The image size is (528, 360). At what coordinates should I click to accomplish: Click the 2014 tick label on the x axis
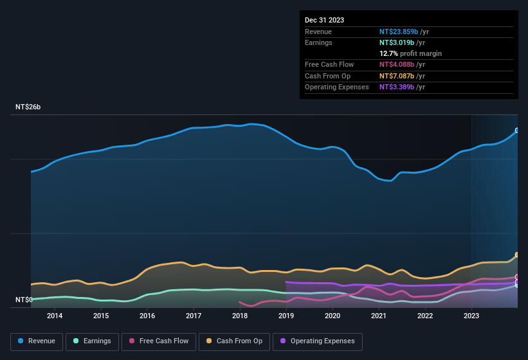(x=55, y=316)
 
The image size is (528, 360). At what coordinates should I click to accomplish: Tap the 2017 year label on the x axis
(x=194, y=316)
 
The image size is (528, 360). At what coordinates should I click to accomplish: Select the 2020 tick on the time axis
(x=332, y=316)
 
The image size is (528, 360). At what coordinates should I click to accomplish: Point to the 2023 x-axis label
(x=471, y=316)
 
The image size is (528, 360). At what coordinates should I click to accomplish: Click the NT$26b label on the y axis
(x=28, y=107)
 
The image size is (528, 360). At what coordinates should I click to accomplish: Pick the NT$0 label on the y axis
(x=24, y=300)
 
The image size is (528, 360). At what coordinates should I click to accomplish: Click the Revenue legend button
(x=37, y=341)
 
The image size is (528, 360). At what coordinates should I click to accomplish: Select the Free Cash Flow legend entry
(x=159, y=341)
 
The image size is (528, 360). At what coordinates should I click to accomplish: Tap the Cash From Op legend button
(x=234, y=341)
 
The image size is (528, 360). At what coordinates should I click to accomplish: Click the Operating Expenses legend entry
(x=317, y=341)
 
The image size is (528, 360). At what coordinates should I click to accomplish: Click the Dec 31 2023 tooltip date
(x=324, y=20)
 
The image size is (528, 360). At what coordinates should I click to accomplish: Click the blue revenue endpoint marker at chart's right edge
(x=517, y=130)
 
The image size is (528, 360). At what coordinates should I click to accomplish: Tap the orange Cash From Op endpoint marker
(x=517, y=255)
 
